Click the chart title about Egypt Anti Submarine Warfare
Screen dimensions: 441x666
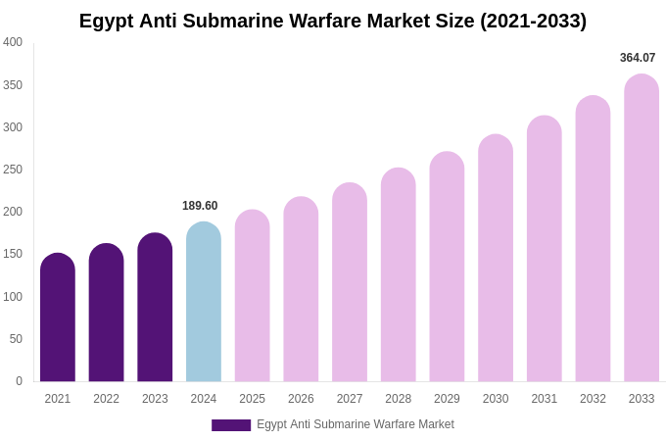point(333,21)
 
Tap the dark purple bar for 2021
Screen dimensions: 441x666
point(58,318)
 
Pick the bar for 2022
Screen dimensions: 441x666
point(106,313)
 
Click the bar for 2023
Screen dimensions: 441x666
point(155,308)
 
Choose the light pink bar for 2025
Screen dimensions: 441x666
point(252,296)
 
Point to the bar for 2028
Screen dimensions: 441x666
point(398,275)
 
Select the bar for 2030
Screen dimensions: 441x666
point(496,259)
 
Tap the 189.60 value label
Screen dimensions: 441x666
point(200,206)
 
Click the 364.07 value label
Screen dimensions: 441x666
point(638,58)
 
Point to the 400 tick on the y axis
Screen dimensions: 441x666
point(13,42)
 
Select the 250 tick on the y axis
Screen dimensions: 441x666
point(13,170)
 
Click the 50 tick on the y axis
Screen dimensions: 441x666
point(16,339)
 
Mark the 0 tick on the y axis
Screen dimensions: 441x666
point(19,381)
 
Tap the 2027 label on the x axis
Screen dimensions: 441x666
point(350,399)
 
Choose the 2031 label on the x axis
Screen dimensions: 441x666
point(545,399)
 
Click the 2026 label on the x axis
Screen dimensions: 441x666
point(301,399)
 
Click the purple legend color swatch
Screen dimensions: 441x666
point(231,425)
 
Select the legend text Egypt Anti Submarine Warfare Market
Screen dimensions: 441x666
point(356,424)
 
